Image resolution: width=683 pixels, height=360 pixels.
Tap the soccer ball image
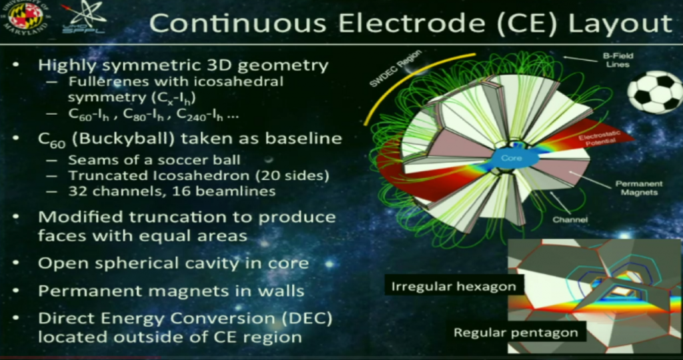654,91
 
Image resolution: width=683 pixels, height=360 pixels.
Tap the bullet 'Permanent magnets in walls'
171,291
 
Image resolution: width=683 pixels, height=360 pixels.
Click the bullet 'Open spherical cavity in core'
173,263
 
